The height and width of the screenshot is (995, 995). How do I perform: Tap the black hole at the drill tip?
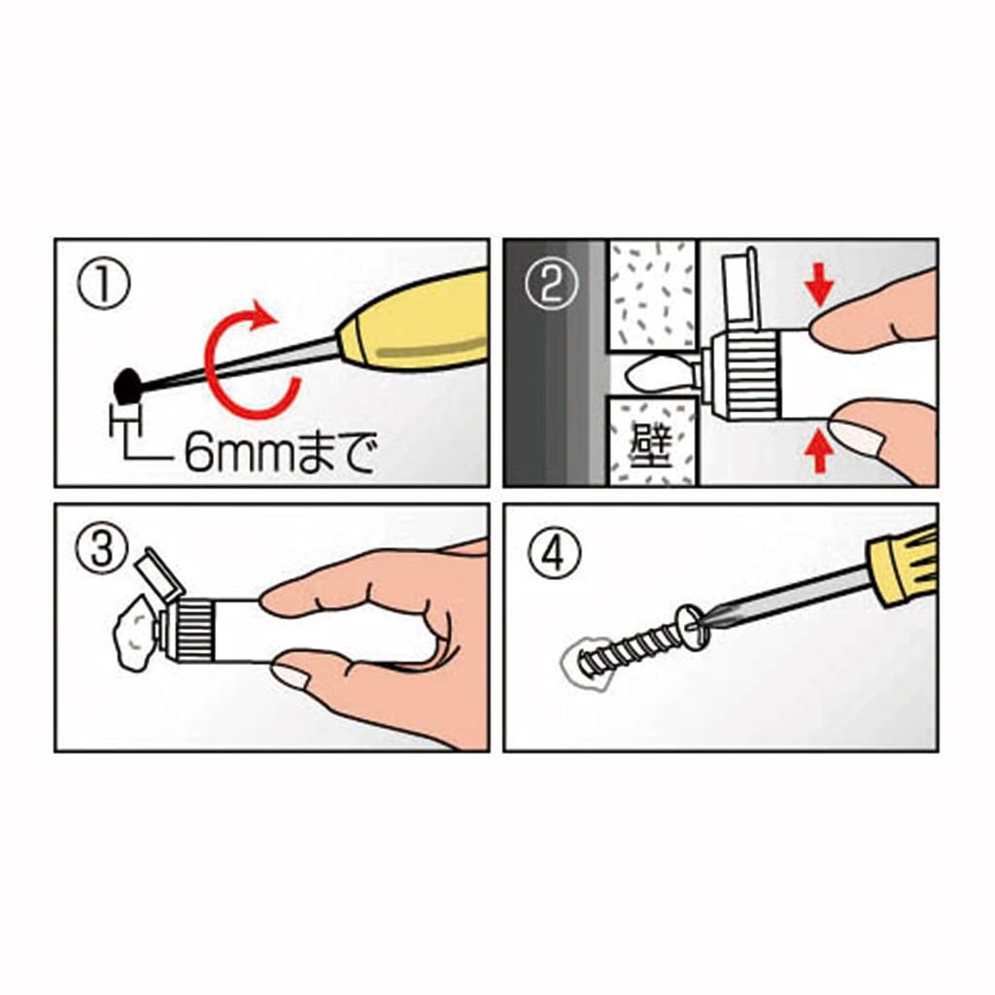click(126, 387)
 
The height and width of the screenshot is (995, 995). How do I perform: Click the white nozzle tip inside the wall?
click(657, 374)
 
